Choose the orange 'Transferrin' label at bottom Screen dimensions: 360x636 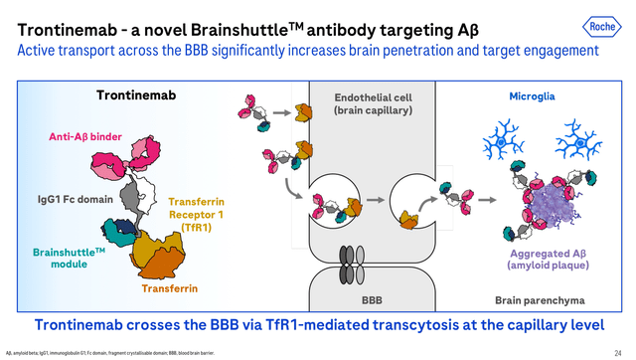pos(169,288)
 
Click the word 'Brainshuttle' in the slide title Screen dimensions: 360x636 pos(220,18)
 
